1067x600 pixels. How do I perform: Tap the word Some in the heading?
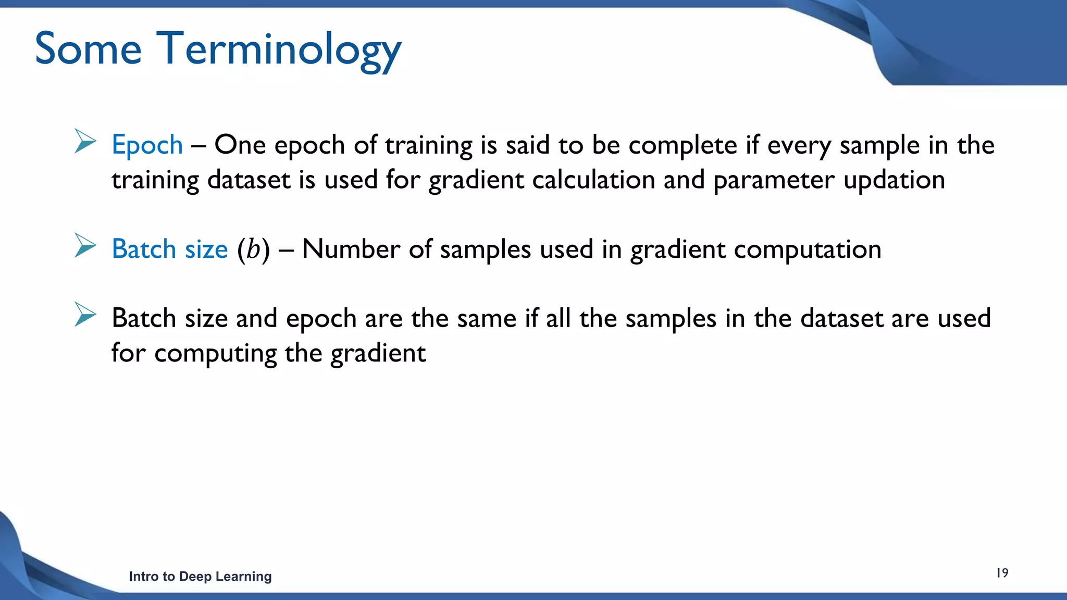[88, 49]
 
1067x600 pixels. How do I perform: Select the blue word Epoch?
[147, 145]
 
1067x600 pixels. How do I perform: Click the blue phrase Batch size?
[170, 249]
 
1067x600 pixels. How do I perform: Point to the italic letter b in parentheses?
[254, 249]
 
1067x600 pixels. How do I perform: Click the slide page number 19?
[1002, 573]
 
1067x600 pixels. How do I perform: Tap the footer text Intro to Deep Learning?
[200, 577]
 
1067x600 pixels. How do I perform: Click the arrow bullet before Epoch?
[85, 141]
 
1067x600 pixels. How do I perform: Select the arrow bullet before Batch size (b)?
[85, 245]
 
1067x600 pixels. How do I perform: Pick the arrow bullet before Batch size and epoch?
[85, 315]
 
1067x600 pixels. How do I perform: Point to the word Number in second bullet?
[351, 249]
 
